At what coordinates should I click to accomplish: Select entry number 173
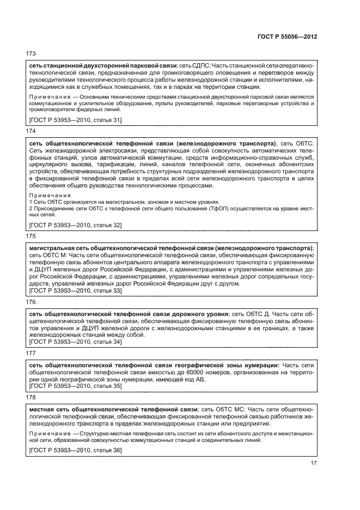[x=31, y=53]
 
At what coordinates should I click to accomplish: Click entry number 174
[x=31, y=131]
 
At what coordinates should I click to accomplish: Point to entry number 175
[x=31, y=237]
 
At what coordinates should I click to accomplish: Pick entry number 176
[x=31, y=301]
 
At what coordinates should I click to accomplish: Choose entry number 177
[x=31, y=353]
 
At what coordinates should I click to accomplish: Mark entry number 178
[x=31, y=398]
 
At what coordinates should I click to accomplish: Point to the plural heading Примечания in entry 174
[x=50, y=195]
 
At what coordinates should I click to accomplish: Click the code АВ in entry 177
[x=201, y=380]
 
